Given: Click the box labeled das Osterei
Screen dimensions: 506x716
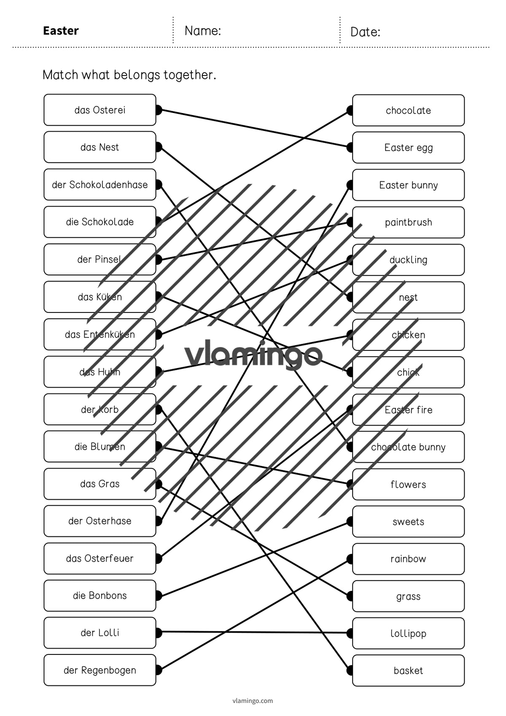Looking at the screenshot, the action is pyautogui.click(x=100, y=110).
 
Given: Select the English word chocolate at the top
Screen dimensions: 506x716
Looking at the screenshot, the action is pyautogui.click(x=408, y=110).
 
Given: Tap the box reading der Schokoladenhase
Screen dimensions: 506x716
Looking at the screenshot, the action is pyautogui.click(x=100, y=184).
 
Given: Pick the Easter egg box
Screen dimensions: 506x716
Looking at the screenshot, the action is pyautogui.click(x=408, y=147).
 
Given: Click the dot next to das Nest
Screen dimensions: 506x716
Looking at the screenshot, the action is pyautogui.click(x=159, y=147).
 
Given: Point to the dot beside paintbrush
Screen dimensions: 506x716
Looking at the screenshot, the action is pyautogui.click(x=350, y=222).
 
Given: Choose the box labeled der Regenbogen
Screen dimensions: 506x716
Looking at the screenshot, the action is pyautogui.click(x=100, y=670).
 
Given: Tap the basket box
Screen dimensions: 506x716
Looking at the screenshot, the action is pyautogui.click(x=408, y=670).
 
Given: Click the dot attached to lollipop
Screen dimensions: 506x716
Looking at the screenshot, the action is pyautogui.click(x=350, y=633).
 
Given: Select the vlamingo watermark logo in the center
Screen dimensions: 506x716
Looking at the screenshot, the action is pyautogui.click(x=253, y=355).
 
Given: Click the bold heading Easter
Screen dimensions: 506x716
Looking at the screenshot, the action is pyautogui.click(x=61, y=31).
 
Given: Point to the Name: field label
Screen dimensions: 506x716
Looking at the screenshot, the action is pyautogui.click(x=203, y=31).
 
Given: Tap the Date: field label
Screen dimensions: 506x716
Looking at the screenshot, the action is pyautogui.click(x=365, y=32).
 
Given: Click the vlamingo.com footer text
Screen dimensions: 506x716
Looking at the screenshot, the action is pyautogui.click(x=253, y=701).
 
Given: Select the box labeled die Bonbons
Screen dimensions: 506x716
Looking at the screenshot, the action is pyautogui.click(x=100, y=595).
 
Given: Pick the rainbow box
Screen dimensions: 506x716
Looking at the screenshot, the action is pyautogui.click(x=408, y=559).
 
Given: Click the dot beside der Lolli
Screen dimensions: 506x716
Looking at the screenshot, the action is pyautogui.click(x=159, y=632).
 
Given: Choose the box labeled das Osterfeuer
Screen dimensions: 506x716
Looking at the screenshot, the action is pyautogui.click(x=100, y=558).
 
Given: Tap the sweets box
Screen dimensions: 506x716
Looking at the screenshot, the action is pyautogui.click(x=408, y=521).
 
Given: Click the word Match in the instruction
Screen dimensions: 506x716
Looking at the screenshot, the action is pyautogui.click(x=60, y=75).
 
